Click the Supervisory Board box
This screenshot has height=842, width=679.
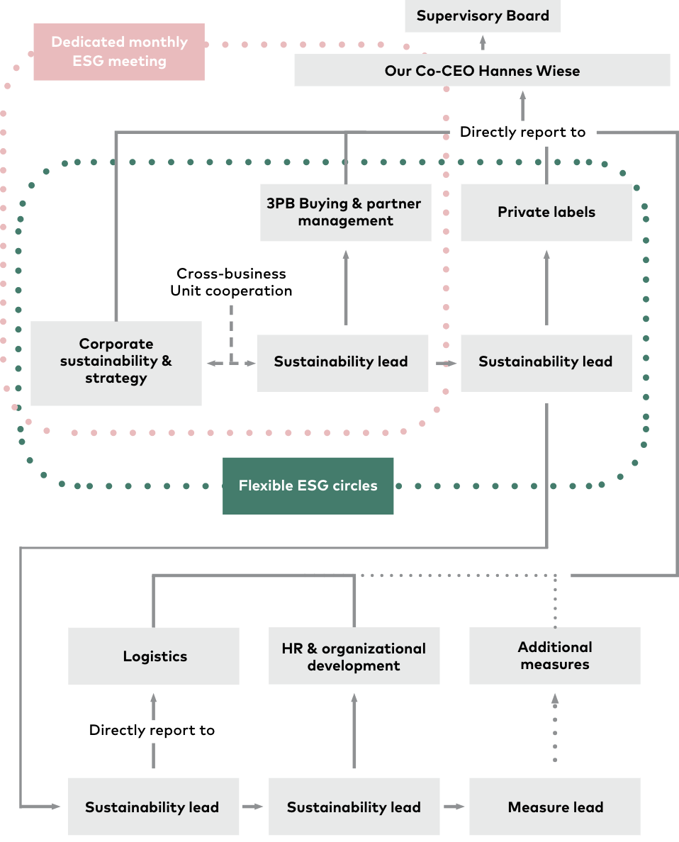(x=483, y=16)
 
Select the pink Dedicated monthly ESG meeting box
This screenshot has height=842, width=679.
(x=119, y=52)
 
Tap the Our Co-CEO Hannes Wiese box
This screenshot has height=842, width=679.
(x=483, y=69)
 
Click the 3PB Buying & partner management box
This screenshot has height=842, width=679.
(x=345, y=212)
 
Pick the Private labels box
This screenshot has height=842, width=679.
(x=546, y=212)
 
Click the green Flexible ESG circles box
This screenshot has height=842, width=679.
(x=308, y=486)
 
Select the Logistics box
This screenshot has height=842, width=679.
(x=154, y=656)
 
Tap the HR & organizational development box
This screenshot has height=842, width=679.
(x=354, y=656)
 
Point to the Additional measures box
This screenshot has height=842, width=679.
(x=555, y=656)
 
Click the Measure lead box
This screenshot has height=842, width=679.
(x=555, y=807)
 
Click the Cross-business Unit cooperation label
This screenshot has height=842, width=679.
(x=232, y=282)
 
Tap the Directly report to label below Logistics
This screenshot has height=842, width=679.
(x=152, y=730)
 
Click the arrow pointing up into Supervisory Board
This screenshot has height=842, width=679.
(x=483, y=43)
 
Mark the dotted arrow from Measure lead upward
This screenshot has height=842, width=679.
(x=555, y=727)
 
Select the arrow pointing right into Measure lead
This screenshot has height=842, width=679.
(x=454, y=807)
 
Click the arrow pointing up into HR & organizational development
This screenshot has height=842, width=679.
(x=354, y=730)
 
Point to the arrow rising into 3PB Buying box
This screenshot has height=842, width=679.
(x=346, y=287)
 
